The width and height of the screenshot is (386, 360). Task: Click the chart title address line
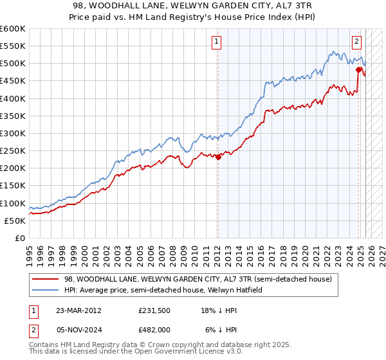pyautogui.click(x=193, y=6)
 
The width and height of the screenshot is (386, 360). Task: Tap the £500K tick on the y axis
pyautogui.click(x=13, y=64)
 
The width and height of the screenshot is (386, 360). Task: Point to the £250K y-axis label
pyautogui.click(x=13, y=150)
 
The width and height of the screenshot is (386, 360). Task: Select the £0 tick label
pyautogui.click(x=19, y=238)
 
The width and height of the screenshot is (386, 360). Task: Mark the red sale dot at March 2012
pyautogui.click(x=218, y=156)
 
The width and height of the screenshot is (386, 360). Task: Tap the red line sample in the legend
pyautogui.click(x=45, y=279)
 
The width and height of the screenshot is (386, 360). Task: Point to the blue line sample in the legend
pyautogui.click(x=45, y=290)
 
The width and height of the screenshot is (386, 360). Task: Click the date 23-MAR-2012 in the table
pyautogui.click(x=78, y=310)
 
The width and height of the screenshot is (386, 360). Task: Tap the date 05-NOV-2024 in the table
pyautogui.click(x=78, y=329)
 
